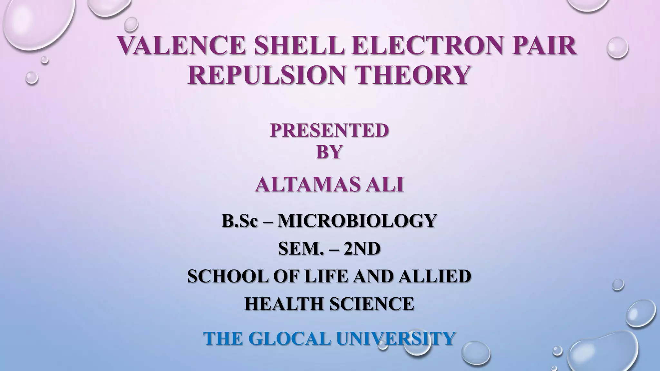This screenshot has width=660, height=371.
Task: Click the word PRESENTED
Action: [x=329, y=130]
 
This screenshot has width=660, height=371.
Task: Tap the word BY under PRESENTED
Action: [x=329, y=151]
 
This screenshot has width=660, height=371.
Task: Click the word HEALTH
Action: [x=285, y=304]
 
